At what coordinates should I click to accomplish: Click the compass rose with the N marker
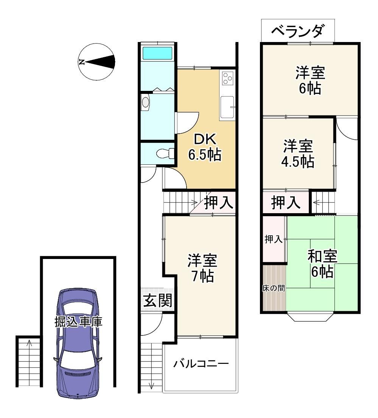(97, 62)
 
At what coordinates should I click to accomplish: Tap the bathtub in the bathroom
(157, 53)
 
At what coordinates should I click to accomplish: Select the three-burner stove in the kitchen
(228, 78)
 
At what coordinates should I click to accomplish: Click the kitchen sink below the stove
(227, 107)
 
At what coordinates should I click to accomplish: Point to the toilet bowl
(165, 154)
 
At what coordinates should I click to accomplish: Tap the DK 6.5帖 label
(205, 147)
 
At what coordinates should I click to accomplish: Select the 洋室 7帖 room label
(202, 268)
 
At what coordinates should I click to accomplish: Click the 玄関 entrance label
(158, 300)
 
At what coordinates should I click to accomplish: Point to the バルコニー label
(201, 363)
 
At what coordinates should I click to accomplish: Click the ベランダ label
(298, 30)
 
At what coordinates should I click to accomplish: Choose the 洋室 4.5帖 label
(298, 154)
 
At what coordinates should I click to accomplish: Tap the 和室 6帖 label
(322, 264)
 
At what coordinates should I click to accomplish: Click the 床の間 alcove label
(274, 288)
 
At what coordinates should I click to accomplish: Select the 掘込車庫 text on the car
(78, 322)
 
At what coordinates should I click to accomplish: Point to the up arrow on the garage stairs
(30, 343)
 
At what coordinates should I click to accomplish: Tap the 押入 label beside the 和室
(274, 239)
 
